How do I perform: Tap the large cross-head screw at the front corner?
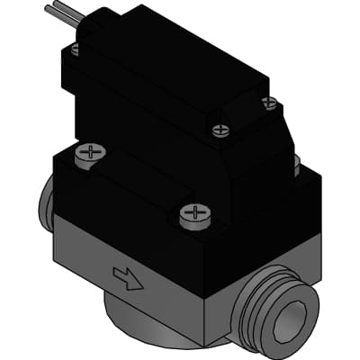(193, 214)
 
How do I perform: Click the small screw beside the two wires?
(75, 50)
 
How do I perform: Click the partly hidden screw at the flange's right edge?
(296, 163)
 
